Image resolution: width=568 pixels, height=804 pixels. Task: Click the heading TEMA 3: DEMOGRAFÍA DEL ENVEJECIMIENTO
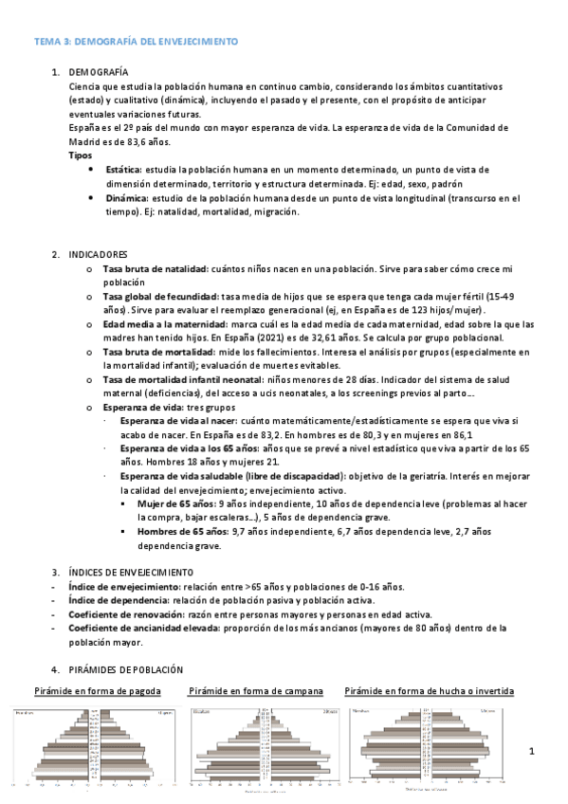[x=137, y=42]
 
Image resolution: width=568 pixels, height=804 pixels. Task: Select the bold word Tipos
[x=82, y=155]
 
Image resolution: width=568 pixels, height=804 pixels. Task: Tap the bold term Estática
[x=123, y=169]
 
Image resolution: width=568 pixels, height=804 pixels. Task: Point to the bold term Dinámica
[x=125, y=198]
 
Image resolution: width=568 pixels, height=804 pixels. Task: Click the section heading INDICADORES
[x=98, y=255]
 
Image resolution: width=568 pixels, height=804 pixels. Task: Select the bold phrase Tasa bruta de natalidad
[x=155, y=269]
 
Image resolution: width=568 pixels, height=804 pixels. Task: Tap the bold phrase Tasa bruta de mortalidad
[x=156, y=351]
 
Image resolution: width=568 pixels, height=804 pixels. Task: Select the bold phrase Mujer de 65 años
[x=175, y=504]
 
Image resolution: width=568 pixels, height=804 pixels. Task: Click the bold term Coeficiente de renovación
[x=127, y=614]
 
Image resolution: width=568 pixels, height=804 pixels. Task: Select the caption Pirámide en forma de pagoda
[x=98, y=691]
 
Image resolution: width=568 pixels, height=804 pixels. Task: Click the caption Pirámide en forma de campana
[x=256, y=691]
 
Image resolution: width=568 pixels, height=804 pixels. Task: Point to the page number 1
[x=533, y=752]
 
